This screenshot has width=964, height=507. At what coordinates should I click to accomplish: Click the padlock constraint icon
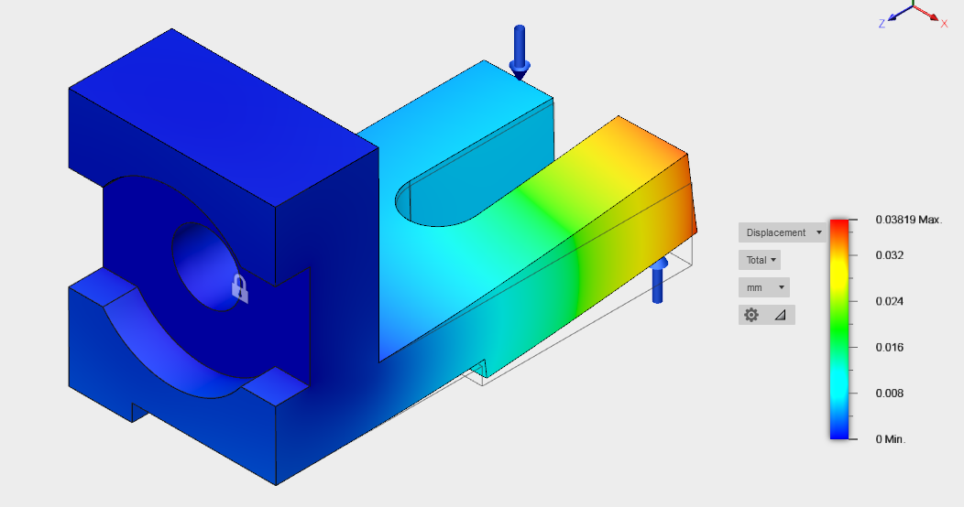click(x=238, y=288)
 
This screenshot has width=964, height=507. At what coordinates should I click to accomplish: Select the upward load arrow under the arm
click(x=658, y=282)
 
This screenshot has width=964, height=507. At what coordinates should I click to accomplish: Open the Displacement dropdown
click(x=782, y=232)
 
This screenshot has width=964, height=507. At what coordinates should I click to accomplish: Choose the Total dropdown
click(x=760, y=260)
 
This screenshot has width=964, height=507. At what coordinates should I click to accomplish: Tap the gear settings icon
click(x=751, y=315)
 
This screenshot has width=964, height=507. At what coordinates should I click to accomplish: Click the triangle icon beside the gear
click(x=780, y=315)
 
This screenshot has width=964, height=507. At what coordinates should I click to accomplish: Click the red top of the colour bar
click(x=838, y=225)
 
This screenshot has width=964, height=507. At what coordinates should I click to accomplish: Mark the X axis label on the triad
click(x=945, y=23)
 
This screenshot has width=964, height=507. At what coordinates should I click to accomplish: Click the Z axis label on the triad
click(x=882, y=24)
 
